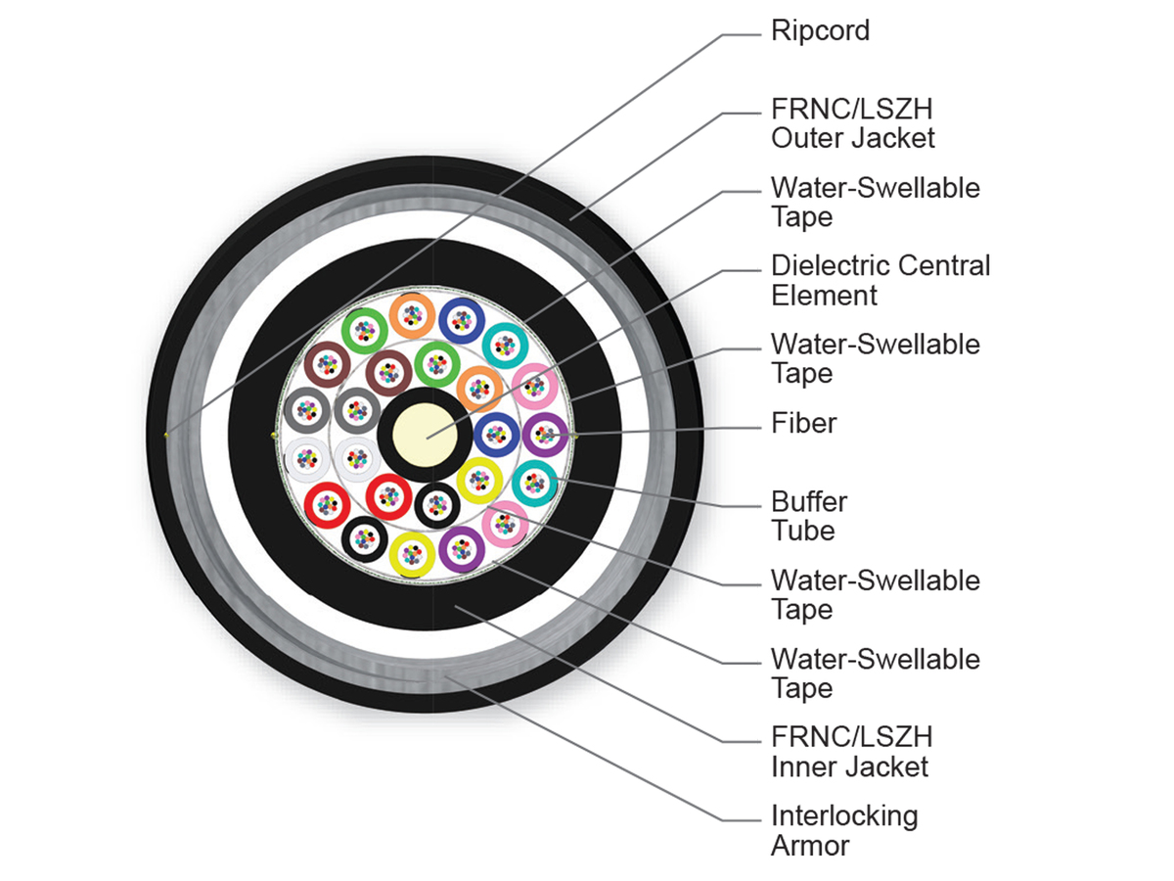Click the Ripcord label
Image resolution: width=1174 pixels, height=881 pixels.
click(x=820, y=31)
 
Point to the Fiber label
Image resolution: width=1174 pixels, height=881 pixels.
click(x=803, y=423)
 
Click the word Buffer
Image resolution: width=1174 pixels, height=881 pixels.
click(x=809, y=502)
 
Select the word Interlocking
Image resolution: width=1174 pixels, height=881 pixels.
click(x=844, y=816)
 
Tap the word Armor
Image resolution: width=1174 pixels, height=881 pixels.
click(x=810, y=846)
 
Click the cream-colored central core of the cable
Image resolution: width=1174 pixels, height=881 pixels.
click(x=425, y=435)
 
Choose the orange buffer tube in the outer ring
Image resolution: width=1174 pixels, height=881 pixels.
click(x=412, y=315)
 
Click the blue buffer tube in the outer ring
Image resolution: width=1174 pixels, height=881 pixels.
click(x=462, y=320)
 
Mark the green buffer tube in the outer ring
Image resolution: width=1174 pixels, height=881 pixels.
click(x=364, y=331)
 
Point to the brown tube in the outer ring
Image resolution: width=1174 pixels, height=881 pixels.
click(x=328, y=365)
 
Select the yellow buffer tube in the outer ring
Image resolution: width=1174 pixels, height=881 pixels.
click(x=412, y=555)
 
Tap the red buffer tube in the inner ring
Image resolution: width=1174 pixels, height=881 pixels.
click(x=388, y=497)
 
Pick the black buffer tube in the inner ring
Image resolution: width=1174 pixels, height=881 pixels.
click(x=437, y=505)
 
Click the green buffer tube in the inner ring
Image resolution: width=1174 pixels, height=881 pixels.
click(x=437, y=365)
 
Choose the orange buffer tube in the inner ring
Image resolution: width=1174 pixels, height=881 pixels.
click(x=479, y=389)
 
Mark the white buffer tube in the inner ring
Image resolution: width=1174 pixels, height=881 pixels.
click(x=357, y=458)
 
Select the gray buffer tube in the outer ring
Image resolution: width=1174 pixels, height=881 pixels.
click(x=306, y=411)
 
